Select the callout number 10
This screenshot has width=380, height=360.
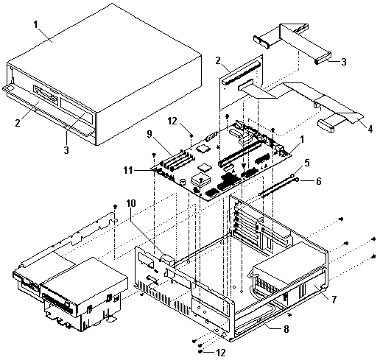click(x=131, y=203)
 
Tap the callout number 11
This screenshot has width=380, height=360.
click(x=128, y=170)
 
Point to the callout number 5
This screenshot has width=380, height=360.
click(x=307, y=163)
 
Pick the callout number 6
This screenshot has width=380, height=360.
click(x=318, y=181)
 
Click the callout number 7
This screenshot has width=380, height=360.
click(x=334, y=300)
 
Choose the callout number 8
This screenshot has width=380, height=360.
click(x=286, y=329)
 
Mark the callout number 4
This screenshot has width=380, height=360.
click(x=370, y=129)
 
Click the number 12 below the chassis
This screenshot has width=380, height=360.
click(x=221, y=353)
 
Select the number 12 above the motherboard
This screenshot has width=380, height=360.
click(x=172, y=121)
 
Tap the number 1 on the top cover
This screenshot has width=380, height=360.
click(x=36, y=24)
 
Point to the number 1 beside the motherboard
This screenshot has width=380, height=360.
click(x=302, y=140)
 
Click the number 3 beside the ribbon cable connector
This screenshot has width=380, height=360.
click(x=344, y=62)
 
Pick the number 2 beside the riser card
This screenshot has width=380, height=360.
click(x=218, y=60)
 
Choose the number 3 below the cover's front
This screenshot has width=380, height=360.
click(x=66, y=150)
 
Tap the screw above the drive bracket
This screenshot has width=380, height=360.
click(x=115, y=206)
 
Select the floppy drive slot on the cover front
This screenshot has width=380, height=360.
click(x=46, y=94)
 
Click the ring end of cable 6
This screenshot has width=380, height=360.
click(x=297, y=180)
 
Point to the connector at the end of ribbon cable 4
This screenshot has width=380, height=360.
click(x=326, y=126)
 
